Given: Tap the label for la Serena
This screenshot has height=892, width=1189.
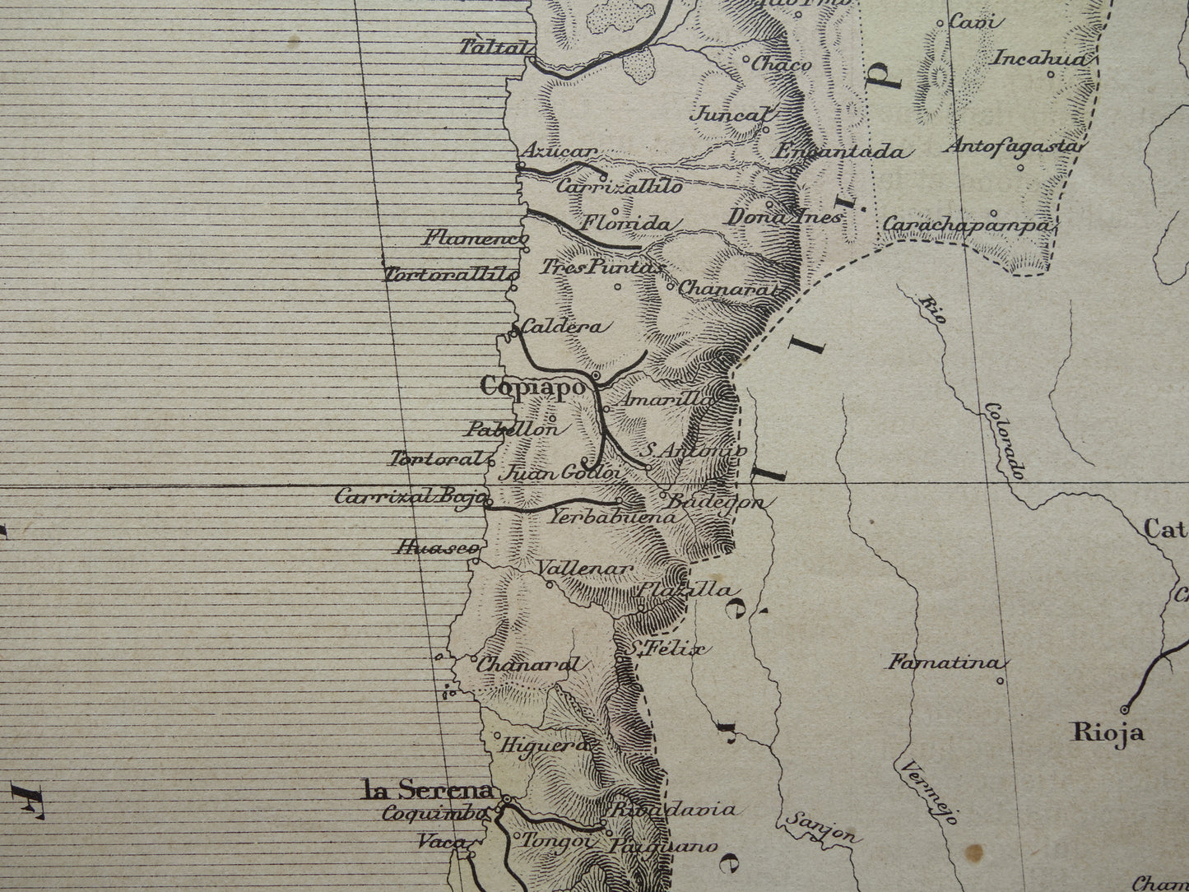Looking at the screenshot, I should [x=429, y=792].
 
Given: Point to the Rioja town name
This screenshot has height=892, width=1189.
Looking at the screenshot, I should [x=1108, y=732].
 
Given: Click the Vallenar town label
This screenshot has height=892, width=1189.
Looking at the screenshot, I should [x=584, y=569].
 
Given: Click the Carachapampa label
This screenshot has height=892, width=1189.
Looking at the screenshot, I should [x=967, y=225].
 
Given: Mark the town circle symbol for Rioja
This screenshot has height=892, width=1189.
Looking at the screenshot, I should [x=1125, y=708].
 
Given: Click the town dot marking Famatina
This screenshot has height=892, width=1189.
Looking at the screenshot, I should [x=1000, y=681].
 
